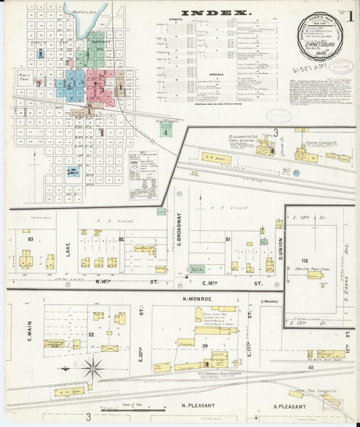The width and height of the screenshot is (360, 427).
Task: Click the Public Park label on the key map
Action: tap(26, 77)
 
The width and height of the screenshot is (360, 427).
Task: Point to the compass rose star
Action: tap(93, 369)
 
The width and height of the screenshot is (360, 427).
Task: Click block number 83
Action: tap(30, 238)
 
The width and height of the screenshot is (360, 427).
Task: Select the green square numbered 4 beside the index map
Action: tap(165, 132)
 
